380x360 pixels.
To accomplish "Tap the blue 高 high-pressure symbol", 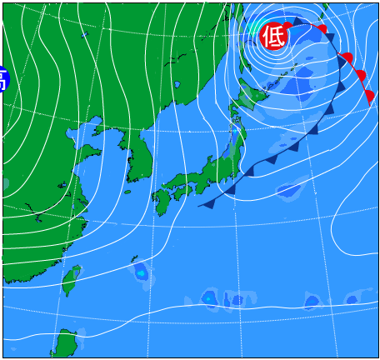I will [x=3, y=79].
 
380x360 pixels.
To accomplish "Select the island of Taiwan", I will [x=72, y=279].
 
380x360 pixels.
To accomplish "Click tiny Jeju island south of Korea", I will [x=127, y=192].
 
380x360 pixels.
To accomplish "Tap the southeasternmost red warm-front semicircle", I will [x=368, y=96].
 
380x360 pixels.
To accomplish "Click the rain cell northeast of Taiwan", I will [x=140, y=272].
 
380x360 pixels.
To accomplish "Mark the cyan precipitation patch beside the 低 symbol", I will [x=255, y=27].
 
